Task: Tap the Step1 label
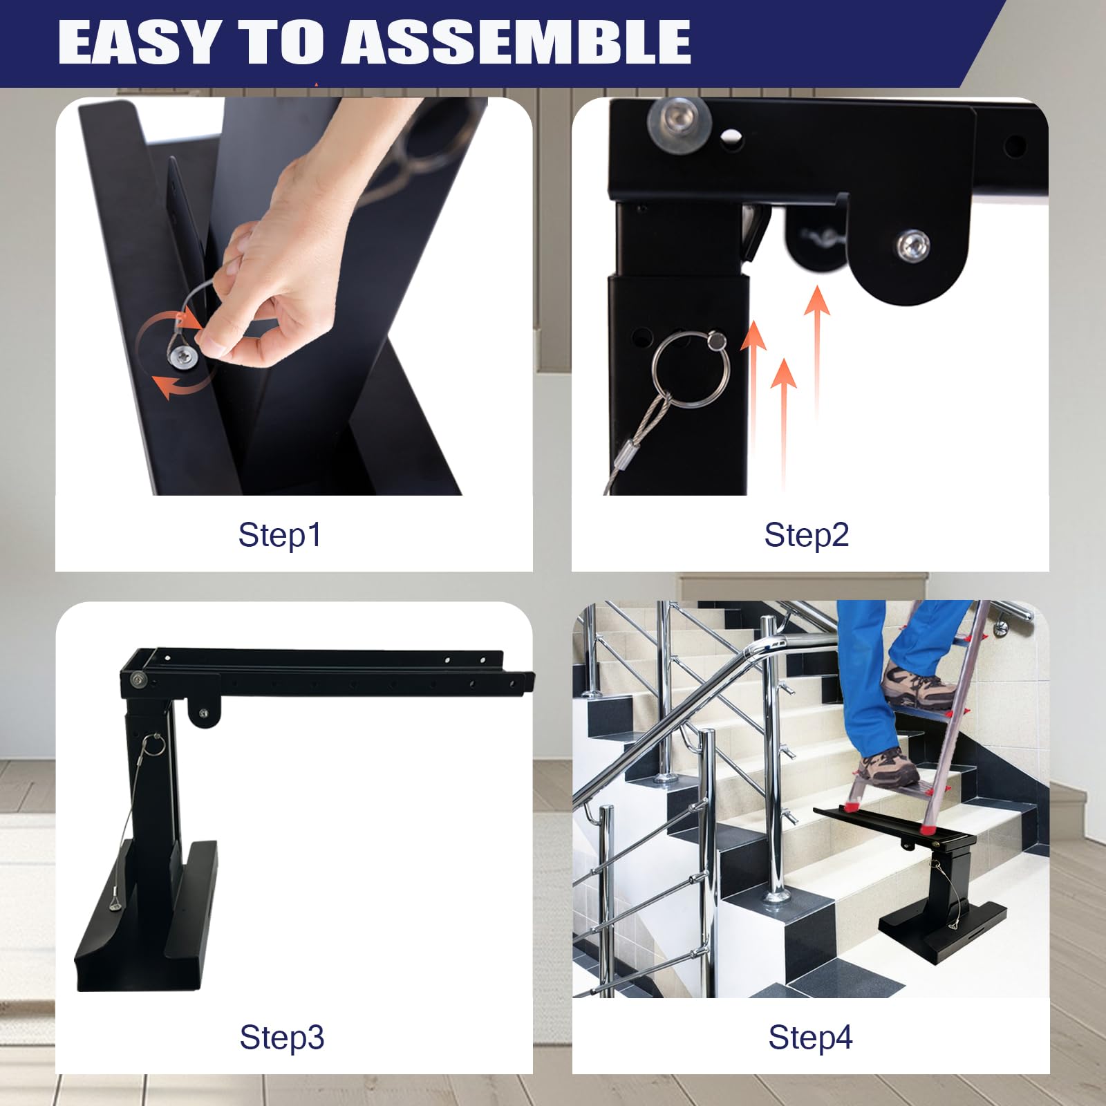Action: tap(280, 535)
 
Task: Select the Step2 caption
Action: tap(807, 535)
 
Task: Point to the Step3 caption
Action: tap(282, 1037)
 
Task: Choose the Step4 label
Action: tap(811, 1037)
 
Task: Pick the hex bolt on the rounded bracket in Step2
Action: tap(913, 246)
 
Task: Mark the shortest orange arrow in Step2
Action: tap(783, 422)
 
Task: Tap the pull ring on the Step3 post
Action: tap(153, 744)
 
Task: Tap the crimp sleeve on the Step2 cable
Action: tap(630, 453)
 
